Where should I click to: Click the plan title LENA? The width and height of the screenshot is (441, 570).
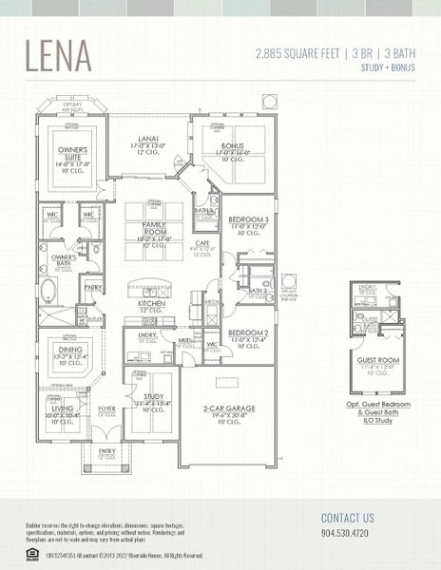pyautogui.click(x=58, y=56)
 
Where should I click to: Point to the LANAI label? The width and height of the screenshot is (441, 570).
pyautogui.click(x=147, y=139)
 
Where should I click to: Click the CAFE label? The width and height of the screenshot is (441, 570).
pyautogui.click(x=202, y=243)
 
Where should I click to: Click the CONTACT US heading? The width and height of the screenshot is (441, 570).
pyautogui.click(x=348, y=518)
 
